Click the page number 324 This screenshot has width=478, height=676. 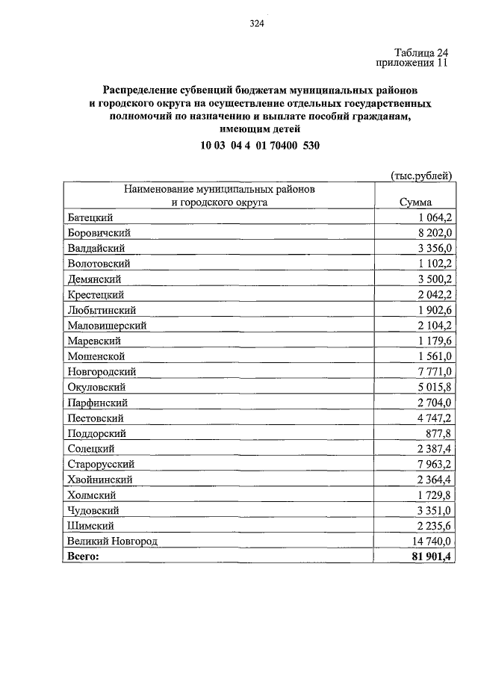[257, 24]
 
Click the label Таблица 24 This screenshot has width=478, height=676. [421, 52]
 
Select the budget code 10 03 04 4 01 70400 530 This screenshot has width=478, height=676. [260, 146]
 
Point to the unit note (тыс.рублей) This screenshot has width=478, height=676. [423, 176]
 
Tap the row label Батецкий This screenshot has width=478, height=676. [90, 217]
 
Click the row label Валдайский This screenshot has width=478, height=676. [96, 248]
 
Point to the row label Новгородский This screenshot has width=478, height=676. [102, 371]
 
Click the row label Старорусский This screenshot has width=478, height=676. [100, 464]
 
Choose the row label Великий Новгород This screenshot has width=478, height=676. [112, 541]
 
